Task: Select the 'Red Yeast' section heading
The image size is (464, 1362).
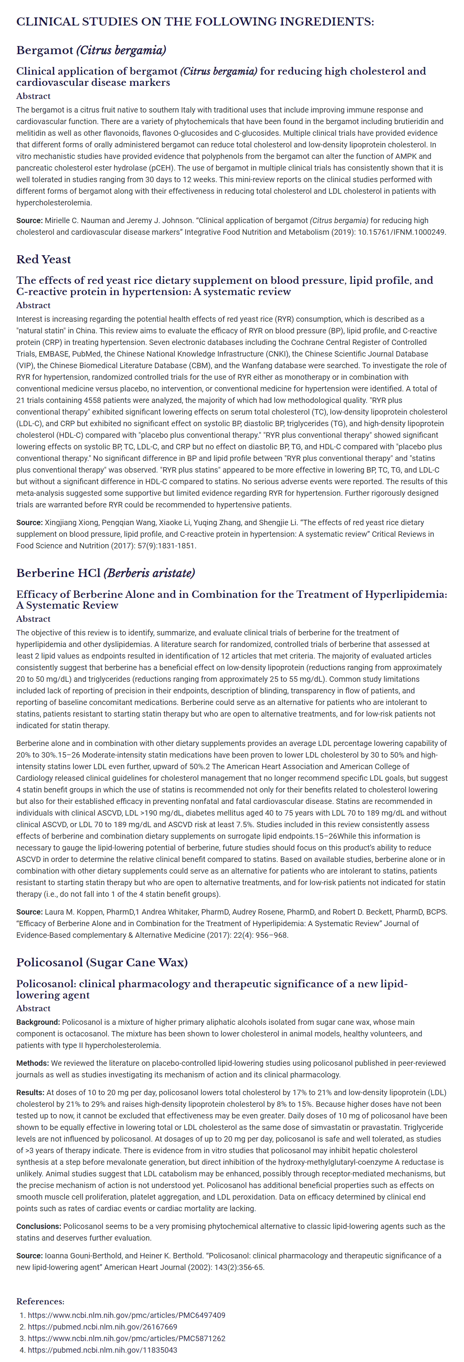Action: click(43, 259)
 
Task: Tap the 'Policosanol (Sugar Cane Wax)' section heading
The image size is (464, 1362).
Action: click(102, 962)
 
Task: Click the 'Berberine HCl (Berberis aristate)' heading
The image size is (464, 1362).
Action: click(106, 573)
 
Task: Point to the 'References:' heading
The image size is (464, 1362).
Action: click(40, 1301)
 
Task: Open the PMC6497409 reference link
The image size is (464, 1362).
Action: click(126, 1315)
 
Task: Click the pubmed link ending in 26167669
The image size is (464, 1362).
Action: click(102, 1326)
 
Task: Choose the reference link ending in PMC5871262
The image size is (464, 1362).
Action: click(126, 1338)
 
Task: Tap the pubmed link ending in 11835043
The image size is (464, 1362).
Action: click(102, 1350)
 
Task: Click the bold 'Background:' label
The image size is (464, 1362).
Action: click(38, 1022)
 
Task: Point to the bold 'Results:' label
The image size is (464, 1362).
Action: click(30, 1092)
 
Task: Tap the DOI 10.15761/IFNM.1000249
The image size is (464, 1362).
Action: click(402, 232)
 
